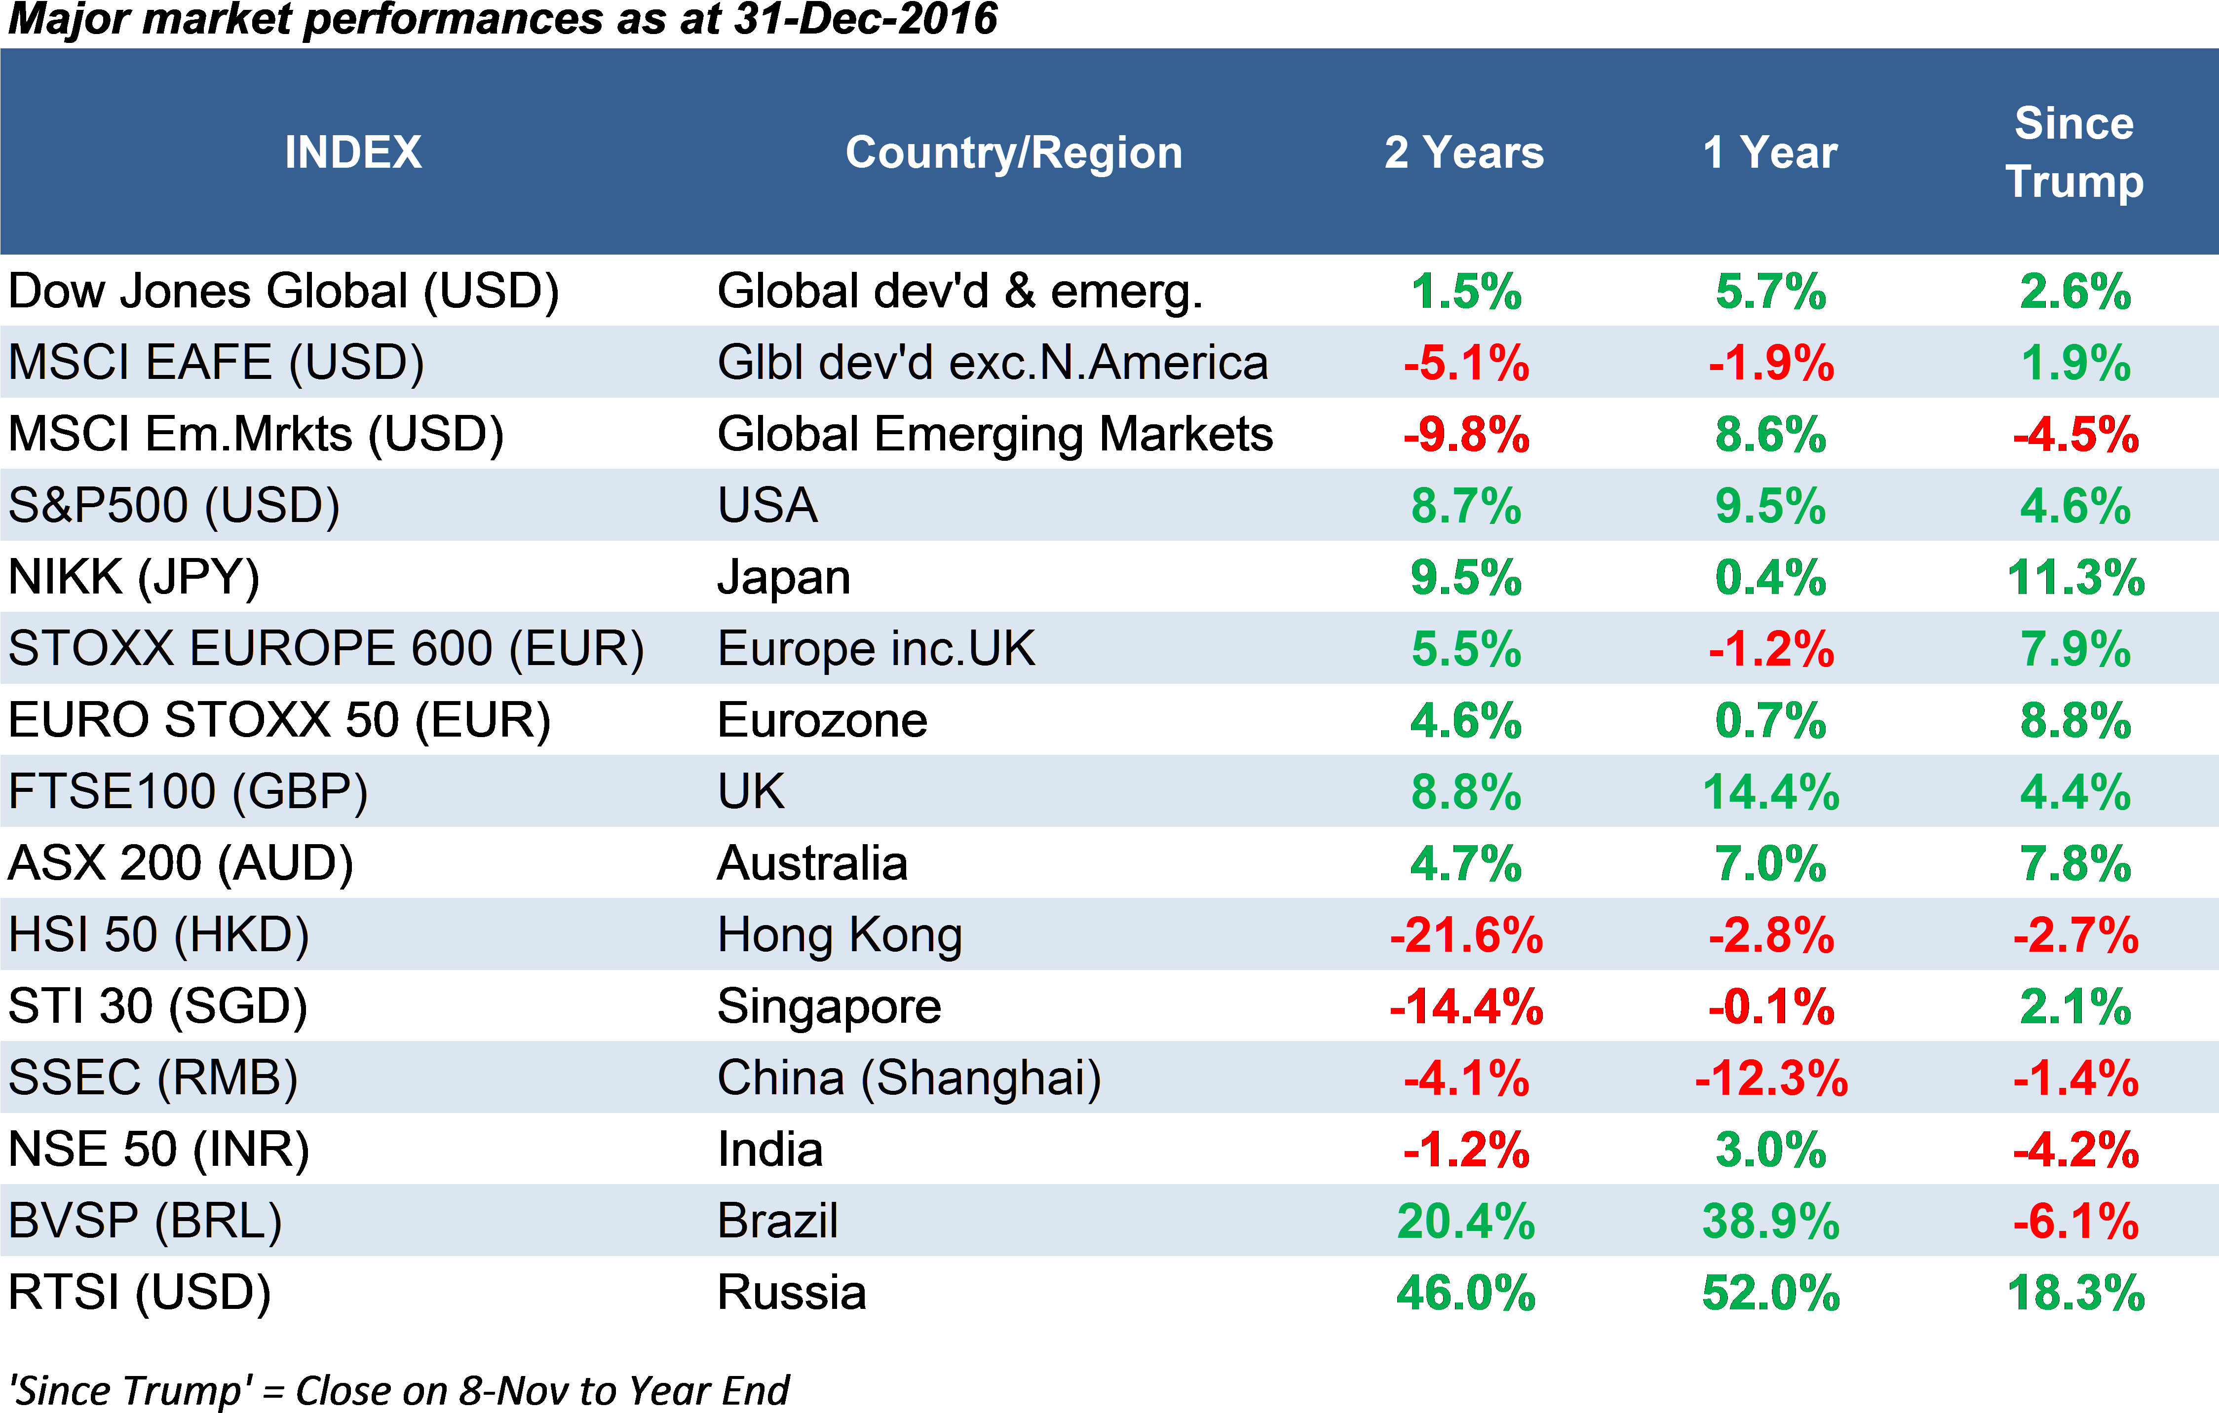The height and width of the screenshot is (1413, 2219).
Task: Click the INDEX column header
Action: click(x=353, y=152)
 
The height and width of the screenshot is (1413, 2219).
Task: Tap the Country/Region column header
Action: click(x=1014, y=152)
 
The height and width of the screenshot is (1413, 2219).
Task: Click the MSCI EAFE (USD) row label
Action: click(x=217, y=362)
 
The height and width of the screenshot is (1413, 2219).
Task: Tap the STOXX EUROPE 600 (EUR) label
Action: click(x=326, y=648)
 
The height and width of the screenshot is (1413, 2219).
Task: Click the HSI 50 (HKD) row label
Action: click(x=158, y=935)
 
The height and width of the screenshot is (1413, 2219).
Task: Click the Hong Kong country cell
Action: click(x=840, y=935)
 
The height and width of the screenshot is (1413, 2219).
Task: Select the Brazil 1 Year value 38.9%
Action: click(x=1770, y=1222)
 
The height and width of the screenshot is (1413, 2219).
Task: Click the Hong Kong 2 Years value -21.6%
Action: click(x=1465, y=935)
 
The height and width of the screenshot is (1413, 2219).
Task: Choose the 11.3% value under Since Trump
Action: click(x=2075, y=578)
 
